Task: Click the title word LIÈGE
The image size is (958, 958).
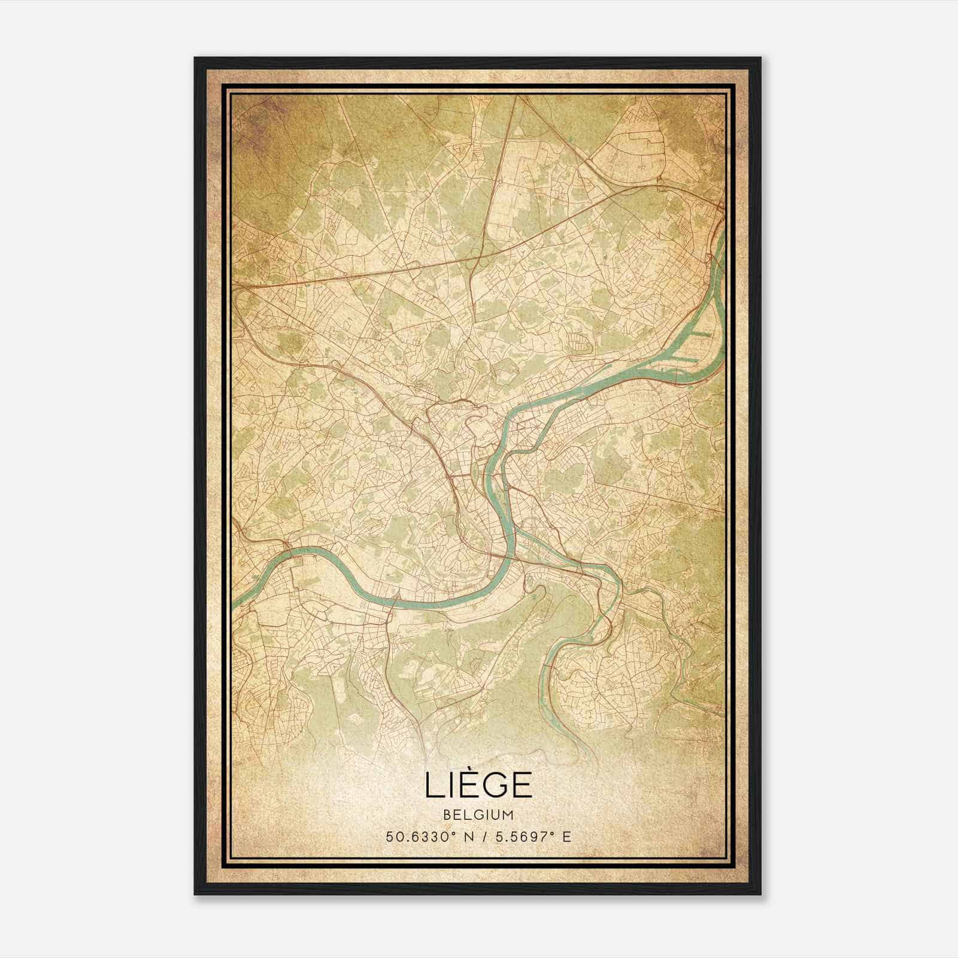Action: pyautogui.click(x=478, y=784)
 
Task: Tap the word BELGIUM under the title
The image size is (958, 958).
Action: pyautogui.click(x=478, y=815)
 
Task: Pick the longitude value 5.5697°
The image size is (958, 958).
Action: pyautogui.click(x=520, y=836)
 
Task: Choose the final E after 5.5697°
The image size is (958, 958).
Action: pyautogui.click(x=566, y=836)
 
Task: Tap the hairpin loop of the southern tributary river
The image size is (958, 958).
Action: pyautogui.click(x=548, y=665)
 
